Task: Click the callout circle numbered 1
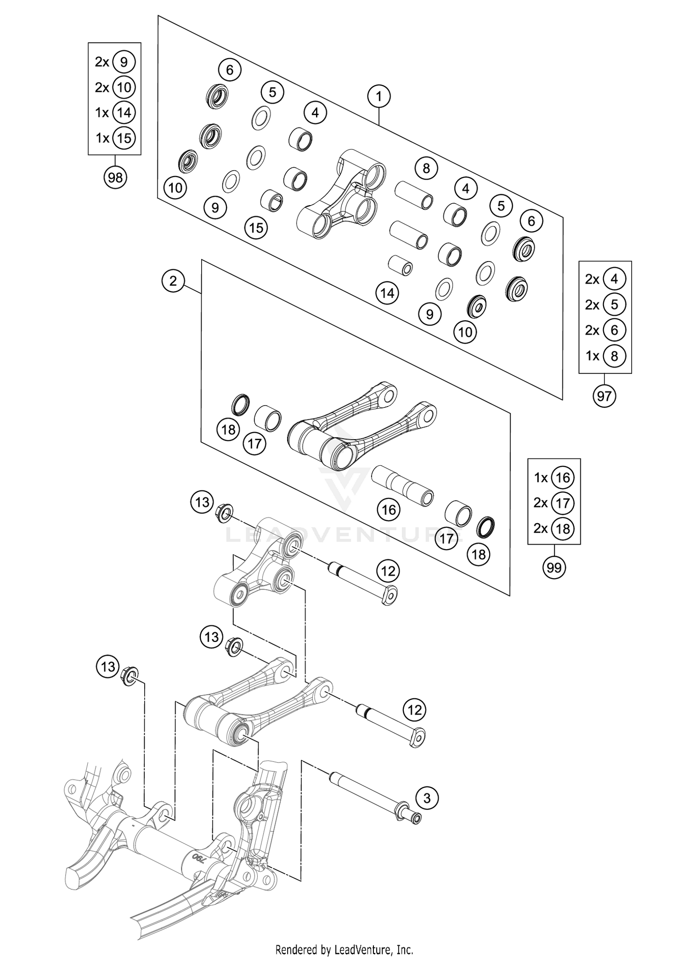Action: pyautogui.click(x=379, y=97)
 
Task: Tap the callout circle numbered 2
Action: pyautogui.click(x=173, y=280)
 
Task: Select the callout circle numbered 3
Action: pyautogui.click(x=427, y=798)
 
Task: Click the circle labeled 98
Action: pyautogui.click(x=115, y=177)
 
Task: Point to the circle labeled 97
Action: pyautogui.click(x=604, y=396)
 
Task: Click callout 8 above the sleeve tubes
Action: pyautogui.click(x=426, y=168)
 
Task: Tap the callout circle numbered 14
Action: pyautogui.click(x=387, y=293)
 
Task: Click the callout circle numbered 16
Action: pyautogui.click(x=389, y=509)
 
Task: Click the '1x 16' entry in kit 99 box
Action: pyautogui.click(x=554, y=478)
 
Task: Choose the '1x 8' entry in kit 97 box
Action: pyautogui.click(x=605, y=356)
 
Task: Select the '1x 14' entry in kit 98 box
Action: pyautogui.click(x=115, y=112)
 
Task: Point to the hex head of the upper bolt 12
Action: pyautogui.click(x=390, y=596)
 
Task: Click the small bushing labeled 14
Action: pyautogui.click(x=400, y=266)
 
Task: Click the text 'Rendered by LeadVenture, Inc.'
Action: pyautogui.click(x=344, y=949)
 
